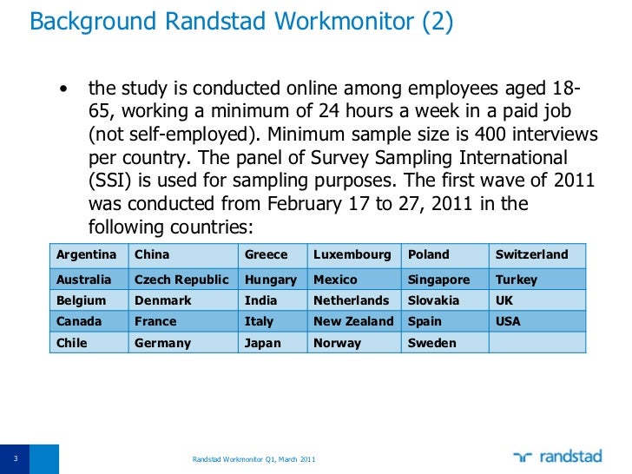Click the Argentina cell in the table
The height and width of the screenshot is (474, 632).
pos(86,254)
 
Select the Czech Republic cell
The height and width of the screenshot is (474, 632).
pos(181,280)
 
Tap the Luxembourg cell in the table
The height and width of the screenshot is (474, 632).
pos(352,254)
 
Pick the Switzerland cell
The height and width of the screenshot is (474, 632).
pos(531,254)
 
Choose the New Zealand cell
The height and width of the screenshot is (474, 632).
pos(353,321)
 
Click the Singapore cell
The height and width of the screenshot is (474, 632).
pos(438,280)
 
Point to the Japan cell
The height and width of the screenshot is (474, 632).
pos(260,343)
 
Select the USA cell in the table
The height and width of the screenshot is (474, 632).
pos(508,321)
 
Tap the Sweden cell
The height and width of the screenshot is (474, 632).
pos(431,343)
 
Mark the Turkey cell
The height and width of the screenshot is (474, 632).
pos(516,280)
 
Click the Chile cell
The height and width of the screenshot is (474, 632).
pos(72,343)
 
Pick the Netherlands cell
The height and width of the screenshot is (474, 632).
pos(351,300)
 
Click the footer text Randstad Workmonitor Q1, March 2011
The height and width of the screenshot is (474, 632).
pos(253,458)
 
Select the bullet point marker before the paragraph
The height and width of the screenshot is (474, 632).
pos(63,90)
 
